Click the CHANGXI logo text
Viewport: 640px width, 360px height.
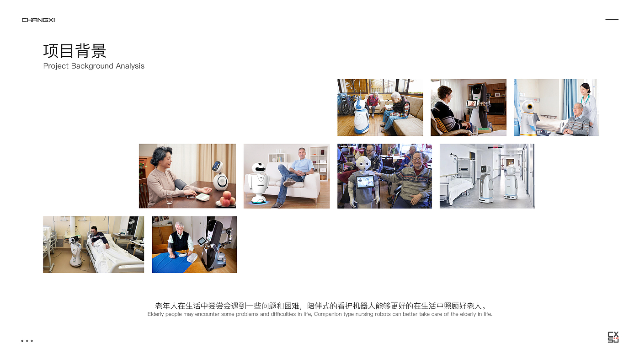point(38,20)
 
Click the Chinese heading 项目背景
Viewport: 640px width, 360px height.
point(75,51)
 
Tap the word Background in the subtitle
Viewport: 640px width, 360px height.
point(92,66)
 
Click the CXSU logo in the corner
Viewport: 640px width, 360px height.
point(613,337)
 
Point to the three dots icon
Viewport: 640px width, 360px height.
point(27,340)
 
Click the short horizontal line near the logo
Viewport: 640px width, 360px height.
point(612,20)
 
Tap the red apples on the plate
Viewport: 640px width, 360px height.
point(227,199)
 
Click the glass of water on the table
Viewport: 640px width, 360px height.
point(170,197)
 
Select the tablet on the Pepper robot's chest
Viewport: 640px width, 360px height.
point(365,182)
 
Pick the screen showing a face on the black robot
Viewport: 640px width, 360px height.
point(472,103)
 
